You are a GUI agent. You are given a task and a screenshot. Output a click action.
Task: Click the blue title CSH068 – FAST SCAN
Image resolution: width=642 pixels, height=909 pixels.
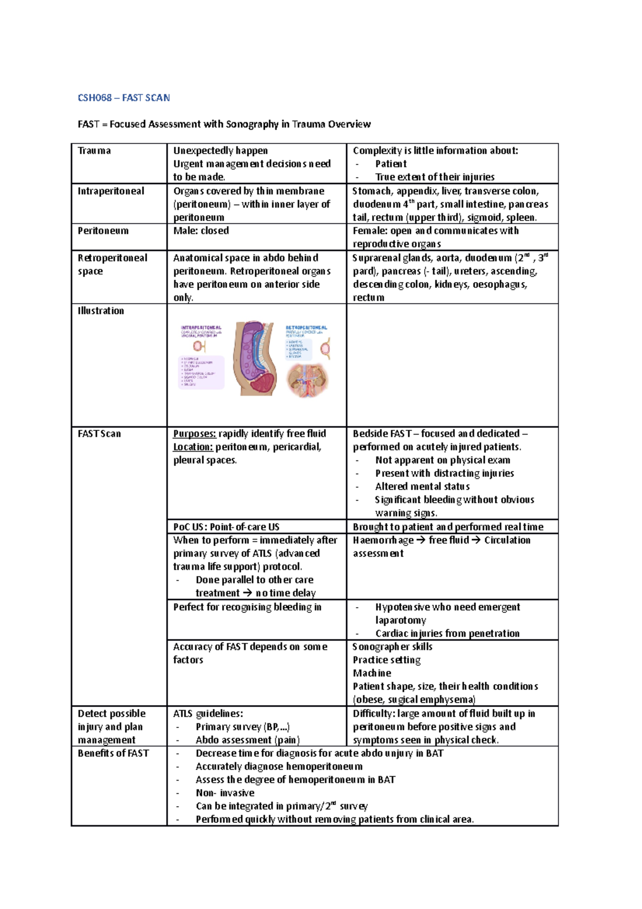pyautogui.click(x=124, y=97)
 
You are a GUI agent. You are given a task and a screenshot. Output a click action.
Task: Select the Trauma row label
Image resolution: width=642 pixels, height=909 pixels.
pyautogui.click(x=94, y=150)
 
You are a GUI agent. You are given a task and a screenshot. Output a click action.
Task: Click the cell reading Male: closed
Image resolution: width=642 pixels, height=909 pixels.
pyautogui.click(x=201, y=231)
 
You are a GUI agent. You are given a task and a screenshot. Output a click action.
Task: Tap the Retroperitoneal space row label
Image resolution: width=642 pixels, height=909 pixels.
pyautogui.click(x=112, y=264)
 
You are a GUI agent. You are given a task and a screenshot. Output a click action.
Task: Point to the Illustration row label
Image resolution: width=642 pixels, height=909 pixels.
pyautogui.click(x=101, y=310)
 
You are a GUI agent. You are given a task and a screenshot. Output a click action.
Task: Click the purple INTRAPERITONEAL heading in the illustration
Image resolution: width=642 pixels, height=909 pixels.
pyautogui.click(x=201, y=327)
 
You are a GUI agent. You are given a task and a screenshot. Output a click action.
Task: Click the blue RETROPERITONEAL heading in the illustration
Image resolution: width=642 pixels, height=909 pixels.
pyautogui.click(x=306, y=327)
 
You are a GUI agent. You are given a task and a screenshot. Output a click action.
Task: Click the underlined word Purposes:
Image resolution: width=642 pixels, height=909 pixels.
pyautogui.click(x=194, y=434)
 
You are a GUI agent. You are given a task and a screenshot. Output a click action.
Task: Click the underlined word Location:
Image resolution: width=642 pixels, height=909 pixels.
pyautogui.click(x=193, y=447)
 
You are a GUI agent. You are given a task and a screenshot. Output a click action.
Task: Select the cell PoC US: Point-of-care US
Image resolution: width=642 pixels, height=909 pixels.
pyautogui.click(x=226, y=527)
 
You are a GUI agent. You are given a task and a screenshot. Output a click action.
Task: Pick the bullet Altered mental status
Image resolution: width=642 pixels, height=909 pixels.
pyautogui.click(x=422, y=487)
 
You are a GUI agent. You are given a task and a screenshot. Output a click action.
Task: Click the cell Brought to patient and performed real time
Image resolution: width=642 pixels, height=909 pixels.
pyautogui.click(x=448, y=527)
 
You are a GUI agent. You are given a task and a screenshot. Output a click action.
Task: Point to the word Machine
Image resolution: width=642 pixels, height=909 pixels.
pyautogui.click(x=372, y=673)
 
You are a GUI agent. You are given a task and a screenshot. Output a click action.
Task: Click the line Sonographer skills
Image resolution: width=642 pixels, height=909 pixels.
pyautogui.click(x=393, y=647)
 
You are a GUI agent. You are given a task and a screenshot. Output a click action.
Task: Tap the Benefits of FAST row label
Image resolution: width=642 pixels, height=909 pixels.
pyautogui.click(x=113, y=753)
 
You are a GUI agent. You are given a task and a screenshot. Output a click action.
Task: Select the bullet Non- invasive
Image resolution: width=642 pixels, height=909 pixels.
pyautogui.click(x=225, y=793)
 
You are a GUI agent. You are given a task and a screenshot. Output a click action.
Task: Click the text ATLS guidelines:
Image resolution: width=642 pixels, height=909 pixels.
pyautogui.click(x=208, y=714)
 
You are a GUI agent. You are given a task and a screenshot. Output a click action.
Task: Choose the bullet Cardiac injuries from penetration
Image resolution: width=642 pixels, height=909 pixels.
pyautogui.click(x=447, y=633)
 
